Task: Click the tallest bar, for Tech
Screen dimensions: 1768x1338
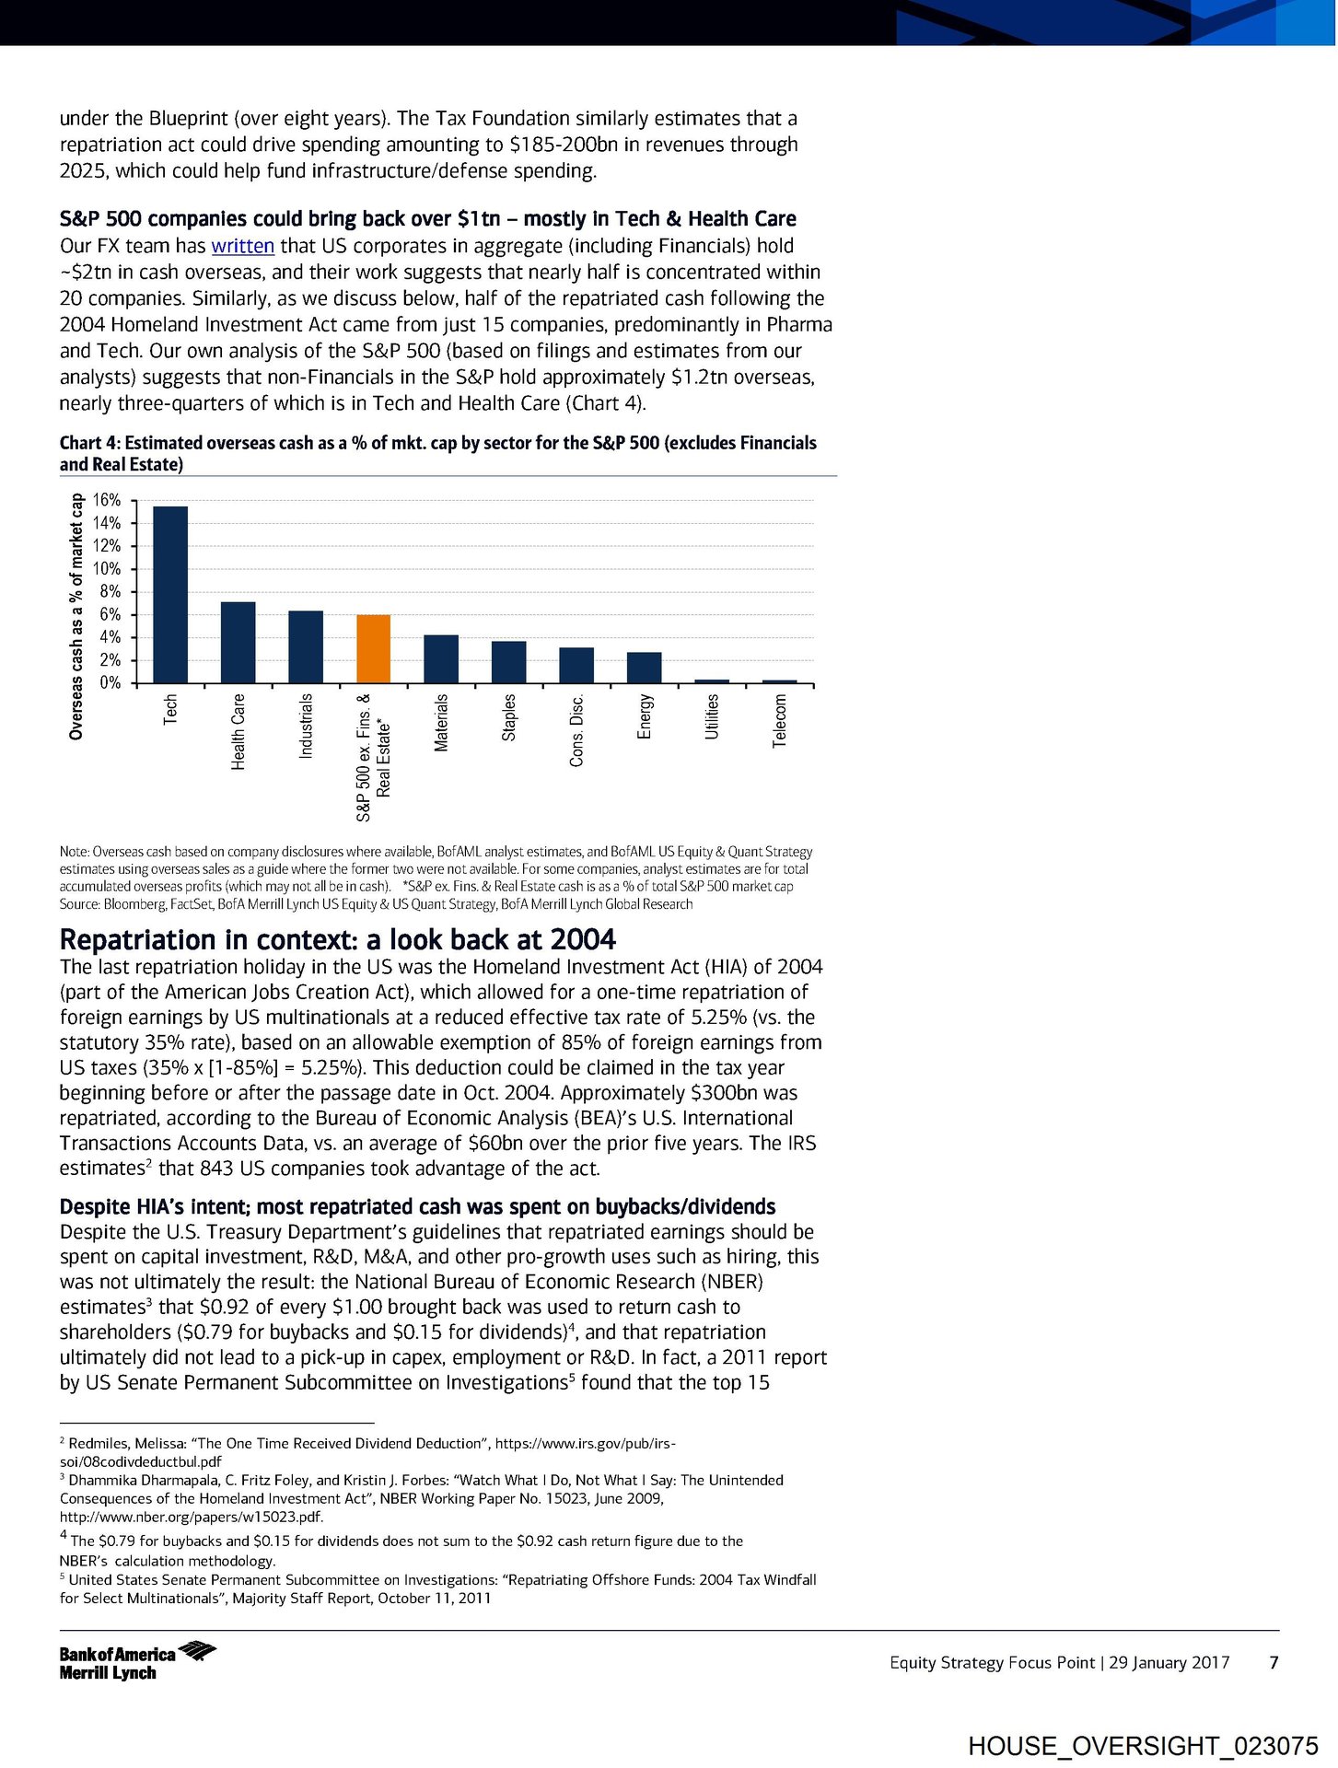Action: pyautogui.click(x=170, y=595)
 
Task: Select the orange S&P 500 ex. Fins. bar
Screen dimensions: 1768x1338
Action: pyautogui.click(x=373, y=649)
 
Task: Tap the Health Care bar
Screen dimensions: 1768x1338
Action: pyautogui.click(x=238, y=643)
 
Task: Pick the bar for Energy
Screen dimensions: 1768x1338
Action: pyautogui.click(x=644, y=668)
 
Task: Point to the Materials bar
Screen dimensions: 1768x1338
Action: pyautogui.click(x=441, y=659)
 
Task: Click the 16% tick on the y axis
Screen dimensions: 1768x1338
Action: pyautogui.click(x=107, y=501)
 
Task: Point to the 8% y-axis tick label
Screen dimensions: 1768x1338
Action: pyautogui.click(x=110, y=592)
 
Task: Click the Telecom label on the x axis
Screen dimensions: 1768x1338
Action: pyautogui.click(x=779, y=721)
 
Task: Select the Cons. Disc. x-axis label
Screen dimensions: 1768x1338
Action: pyautogui.click(x=576, y=730)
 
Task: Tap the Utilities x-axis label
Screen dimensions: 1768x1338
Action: pyautogui.click(x=712, y=717)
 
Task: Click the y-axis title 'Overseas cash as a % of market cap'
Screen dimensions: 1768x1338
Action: pyautogui.click(x=76, y=617)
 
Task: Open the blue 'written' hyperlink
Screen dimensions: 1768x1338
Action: pyautogui.click(x=243, y=246)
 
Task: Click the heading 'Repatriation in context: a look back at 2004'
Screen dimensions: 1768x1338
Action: pyautogui.click(x=337, y=939)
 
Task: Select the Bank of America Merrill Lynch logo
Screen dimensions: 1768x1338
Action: pyautogui.click(x=136, y=1662)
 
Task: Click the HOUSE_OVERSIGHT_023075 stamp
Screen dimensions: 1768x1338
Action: pyautogui.click(x=1143, y=1746)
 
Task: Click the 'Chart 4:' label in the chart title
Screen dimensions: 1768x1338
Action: pyautogui.click(x=89, y=443)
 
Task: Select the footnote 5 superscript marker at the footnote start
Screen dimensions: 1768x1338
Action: pyautogui.click(x=63, y=1577)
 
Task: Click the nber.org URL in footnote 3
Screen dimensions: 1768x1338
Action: pyautogui.click(x=192, y=1517)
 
